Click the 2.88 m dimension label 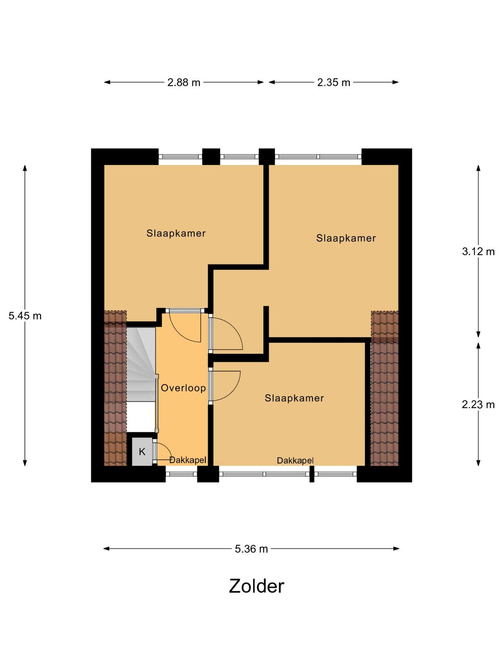coord(184,82)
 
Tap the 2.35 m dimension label coord(333,82)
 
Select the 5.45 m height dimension coord(25,316)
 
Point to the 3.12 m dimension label coord(478,252)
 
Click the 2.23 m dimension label coord(478,404)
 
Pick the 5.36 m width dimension coord(251,549)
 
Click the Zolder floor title coord(256,586)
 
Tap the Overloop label coord(183,388)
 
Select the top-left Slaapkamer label coord(176,233)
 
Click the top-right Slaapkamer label coord(346,238)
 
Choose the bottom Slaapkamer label coord(294,398)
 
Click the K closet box coord(142,452)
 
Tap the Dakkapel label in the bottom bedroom coord(295,460)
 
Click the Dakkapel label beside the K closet coord(188,460)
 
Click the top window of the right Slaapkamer coord(318,157)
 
